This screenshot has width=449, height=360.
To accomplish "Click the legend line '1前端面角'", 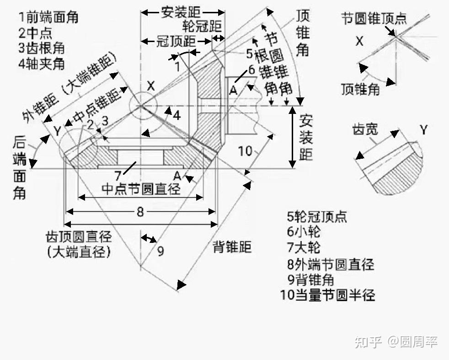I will [48, 17].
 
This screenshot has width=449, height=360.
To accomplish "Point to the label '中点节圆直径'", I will [140, 188].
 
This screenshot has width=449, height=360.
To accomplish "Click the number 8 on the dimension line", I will [140, 211].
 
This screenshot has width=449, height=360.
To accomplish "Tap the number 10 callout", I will [246, 150].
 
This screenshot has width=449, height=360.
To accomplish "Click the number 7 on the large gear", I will [118, 175].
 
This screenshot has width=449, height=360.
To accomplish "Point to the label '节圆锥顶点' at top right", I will [374, 18].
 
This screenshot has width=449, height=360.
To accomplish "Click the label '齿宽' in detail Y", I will [365, 129].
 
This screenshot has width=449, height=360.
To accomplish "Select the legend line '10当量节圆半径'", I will [328, 295].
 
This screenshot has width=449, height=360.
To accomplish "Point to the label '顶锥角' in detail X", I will [360, 89].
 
